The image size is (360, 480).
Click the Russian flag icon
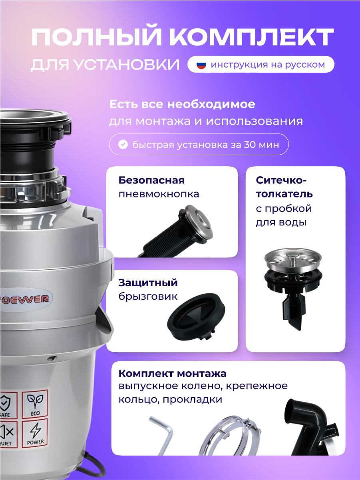(201, 64)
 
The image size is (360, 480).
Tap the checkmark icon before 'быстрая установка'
(123, 144)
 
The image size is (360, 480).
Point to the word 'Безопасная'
(151, 180)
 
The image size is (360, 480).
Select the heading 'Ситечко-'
(281, 180)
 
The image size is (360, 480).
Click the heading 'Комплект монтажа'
(172, 374)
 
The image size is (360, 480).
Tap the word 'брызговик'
(148, 297)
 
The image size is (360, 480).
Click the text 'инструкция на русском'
(268, 64)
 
